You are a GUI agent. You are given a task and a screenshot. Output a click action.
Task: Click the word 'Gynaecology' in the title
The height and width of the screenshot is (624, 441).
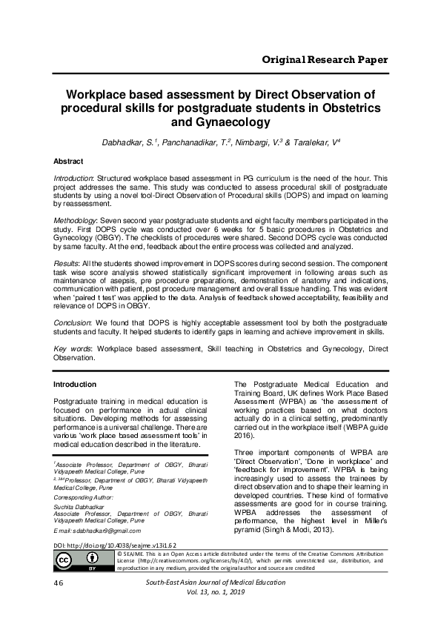tap(219, 123)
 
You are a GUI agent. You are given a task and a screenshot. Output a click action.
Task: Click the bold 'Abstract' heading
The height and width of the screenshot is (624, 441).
tap(68, 161)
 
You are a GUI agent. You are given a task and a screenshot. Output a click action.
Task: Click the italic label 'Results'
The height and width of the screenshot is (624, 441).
tap(65, 264)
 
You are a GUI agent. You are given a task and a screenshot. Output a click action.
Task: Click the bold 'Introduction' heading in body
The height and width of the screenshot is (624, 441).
tap(75, 385)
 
